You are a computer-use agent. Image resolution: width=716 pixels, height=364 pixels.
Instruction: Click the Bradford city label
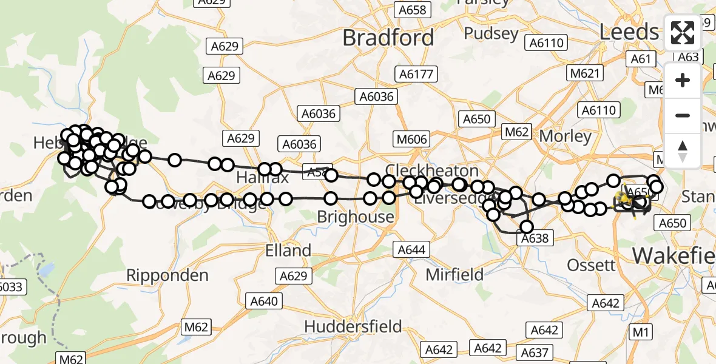click(x=388, y=38)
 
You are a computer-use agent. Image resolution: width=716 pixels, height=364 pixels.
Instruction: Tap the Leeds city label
click(x=629, y=32)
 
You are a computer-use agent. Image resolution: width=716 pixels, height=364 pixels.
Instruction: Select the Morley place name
click(x=565, y=136)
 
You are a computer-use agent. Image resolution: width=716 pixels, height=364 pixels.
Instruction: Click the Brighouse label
click(x=356, y=217)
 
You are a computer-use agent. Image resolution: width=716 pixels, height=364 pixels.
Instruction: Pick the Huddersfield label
click(x=353, y=326)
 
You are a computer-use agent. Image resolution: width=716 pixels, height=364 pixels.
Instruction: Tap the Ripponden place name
click(x=167, y=275)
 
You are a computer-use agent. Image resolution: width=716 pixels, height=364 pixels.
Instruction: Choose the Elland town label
click(x=288, y=250)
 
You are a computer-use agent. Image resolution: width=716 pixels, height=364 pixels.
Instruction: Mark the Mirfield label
click(x=454, y=274)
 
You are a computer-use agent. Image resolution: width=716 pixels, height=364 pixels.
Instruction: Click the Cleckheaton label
click(x=432, y=170)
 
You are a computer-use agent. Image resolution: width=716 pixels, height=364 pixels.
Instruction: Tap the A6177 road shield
click(x=416, y=74)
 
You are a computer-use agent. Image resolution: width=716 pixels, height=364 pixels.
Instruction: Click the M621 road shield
click(x=585, y=73)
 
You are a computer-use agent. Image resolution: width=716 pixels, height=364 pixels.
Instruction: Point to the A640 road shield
click(x=263, y=302)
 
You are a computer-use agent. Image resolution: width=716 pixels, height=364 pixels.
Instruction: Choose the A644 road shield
click(x=411, y=249)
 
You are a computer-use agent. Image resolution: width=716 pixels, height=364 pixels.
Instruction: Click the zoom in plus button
click(x=683, y=80)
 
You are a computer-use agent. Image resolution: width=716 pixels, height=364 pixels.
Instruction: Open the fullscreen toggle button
click(x=683, y=33)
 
